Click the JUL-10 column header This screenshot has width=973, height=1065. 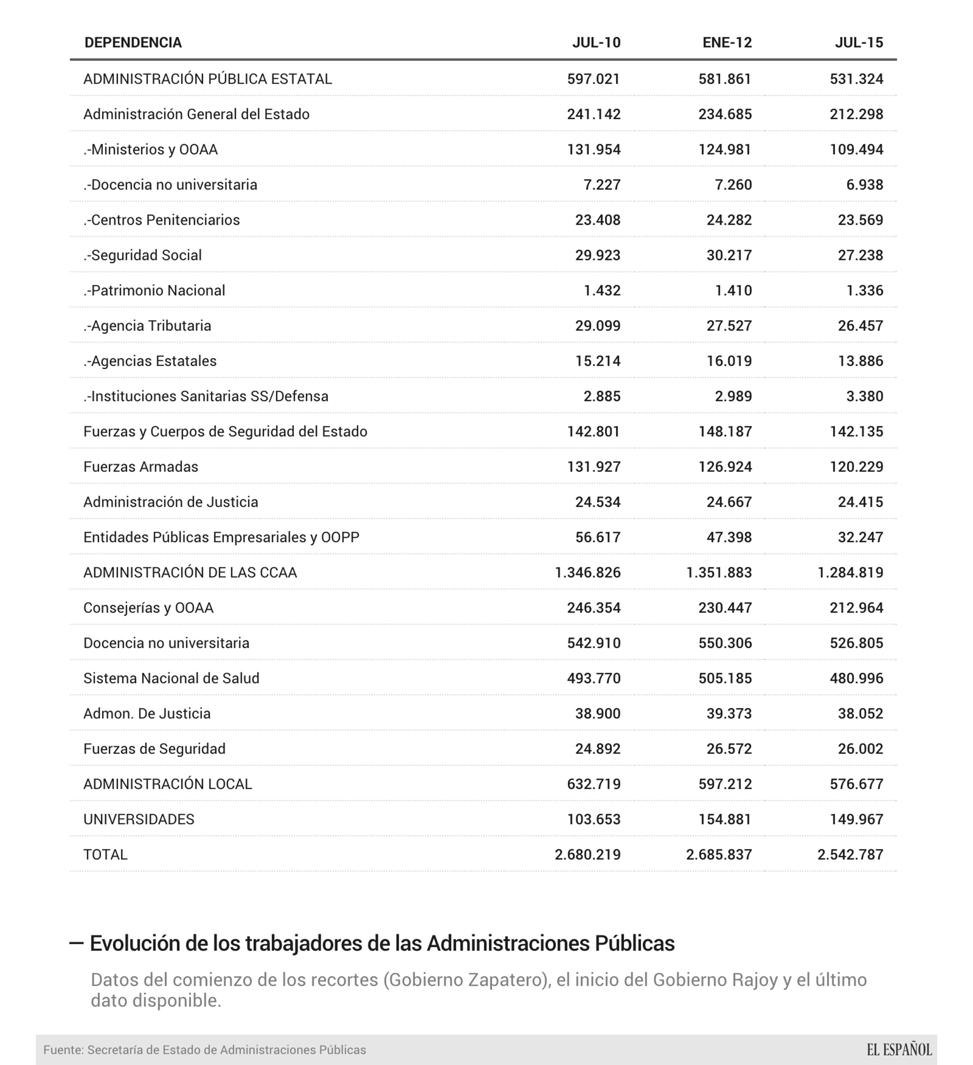click(596, 43)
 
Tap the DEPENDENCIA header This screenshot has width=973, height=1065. click(133, 43)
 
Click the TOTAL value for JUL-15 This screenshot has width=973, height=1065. click(850, 854)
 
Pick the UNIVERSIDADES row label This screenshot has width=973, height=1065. click(139, 819)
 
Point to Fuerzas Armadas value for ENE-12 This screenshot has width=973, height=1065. click(725, 467)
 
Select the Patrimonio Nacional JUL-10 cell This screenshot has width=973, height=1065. click(602, 291)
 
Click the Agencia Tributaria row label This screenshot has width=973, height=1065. click(147, 326)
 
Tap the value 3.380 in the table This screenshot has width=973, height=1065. click(865, 396)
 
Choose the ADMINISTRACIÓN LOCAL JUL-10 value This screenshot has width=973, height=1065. click(593, 784)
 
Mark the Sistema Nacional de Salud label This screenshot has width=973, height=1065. click(171, 678)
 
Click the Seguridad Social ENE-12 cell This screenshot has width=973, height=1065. click(729, 255)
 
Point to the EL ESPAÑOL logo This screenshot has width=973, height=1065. click(899, 1050)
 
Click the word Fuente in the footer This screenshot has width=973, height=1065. click(63, 1050)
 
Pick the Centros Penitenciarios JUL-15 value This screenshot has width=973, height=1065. click(860, 220)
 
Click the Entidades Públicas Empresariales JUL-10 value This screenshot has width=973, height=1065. click(597, 538)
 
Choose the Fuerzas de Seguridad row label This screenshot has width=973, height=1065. click(154, 749)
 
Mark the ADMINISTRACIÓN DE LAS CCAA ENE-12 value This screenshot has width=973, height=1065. click(719, 572)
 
